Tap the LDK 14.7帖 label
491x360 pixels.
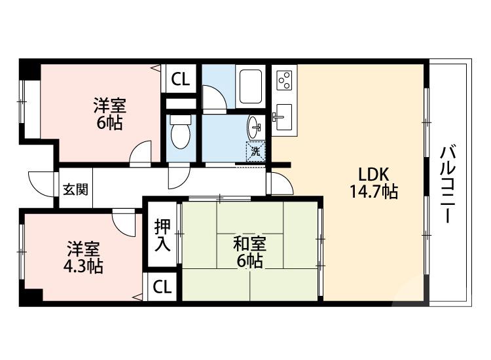373,183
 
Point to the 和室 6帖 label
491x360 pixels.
249,253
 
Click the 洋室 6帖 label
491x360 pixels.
109,113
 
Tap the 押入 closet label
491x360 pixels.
162,236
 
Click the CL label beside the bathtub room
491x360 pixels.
180,79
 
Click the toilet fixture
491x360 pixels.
179,134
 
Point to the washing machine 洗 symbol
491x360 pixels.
256,151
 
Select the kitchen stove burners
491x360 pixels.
285,81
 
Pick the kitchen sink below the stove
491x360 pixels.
284,117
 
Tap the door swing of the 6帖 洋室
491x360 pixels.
140,156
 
